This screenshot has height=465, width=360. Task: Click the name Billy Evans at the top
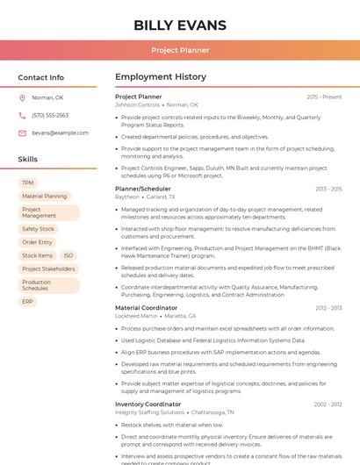[180, 25]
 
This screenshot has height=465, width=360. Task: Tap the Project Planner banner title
[180, 51]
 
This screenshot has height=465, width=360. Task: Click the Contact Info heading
[41, 77]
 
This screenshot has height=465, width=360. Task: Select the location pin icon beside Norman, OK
[22, 97]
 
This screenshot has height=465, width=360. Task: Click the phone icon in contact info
[22, 115]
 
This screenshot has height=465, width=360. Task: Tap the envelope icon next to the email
[22, 132]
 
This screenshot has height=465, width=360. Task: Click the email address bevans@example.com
[61, 132]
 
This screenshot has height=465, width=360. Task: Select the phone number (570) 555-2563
[50, 115]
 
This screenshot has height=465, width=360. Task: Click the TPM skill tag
[28, 182]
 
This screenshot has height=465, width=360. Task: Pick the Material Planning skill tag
[45, 197]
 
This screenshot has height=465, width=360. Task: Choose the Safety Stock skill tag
[39, 229]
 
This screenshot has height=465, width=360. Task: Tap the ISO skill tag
[68, 255]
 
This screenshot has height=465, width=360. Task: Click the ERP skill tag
[28, 301]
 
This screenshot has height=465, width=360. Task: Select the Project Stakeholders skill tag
[48, 268]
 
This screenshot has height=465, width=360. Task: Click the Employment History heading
[161, 77]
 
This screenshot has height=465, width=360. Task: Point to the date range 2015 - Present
[324, 97]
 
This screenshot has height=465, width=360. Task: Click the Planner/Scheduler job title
[143, 189]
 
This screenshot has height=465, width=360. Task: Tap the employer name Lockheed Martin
[136, 316]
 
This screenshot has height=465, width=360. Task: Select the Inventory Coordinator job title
[148, 404]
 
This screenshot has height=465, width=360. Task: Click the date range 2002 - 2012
[328, 404]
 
